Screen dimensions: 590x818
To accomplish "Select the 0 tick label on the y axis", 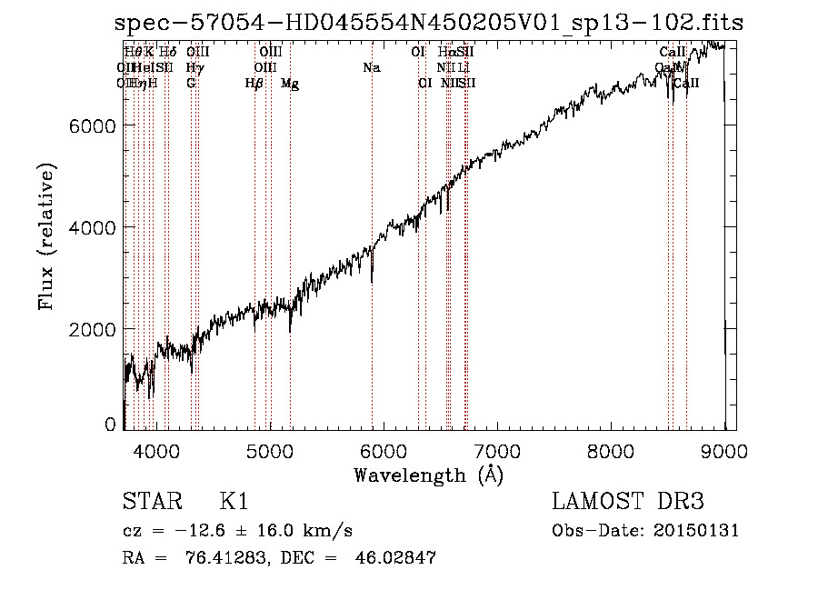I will point(110,424).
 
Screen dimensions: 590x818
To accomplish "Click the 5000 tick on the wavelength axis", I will point(269,450).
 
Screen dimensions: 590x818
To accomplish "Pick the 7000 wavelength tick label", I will point(497,450).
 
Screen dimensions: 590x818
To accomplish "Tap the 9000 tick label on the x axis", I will point(724,450).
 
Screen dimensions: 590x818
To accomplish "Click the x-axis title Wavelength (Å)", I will point(428,475).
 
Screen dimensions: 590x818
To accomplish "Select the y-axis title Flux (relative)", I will point(46,236).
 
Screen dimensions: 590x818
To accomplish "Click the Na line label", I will point(371,68).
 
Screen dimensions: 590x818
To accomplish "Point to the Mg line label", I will point(290,84).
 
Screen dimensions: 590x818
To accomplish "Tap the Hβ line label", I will point(254,84).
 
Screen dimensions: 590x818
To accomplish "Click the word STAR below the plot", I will point(150,502).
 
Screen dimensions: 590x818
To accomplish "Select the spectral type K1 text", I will point(234,502).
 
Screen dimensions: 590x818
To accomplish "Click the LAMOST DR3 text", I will point(628,502).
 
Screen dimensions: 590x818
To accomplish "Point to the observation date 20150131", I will point(700,531).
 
